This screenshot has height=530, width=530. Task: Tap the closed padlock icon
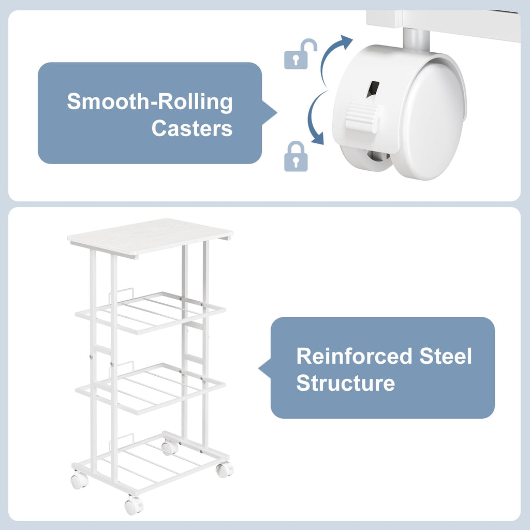tap(296, 156)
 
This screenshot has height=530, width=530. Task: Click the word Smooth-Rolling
tap(150, 102)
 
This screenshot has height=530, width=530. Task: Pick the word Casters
tap(192, 128)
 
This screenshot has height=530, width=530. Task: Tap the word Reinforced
tap(354, 356)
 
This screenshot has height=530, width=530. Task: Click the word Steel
tap(446, 356)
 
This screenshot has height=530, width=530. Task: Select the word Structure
tap(345, 383)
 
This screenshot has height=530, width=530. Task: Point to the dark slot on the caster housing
tap(373, 89)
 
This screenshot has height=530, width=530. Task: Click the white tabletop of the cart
tap(150, 238)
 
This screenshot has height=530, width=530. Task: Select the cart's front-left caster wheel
tap(79, 480)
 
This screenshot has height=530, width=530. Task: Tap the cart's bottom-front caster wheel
tap(134, 506)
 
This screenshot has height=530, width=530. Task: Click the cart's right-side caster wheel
tap(225, 469)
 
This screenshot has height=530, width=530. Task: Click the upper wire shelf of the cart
tap(150, 313)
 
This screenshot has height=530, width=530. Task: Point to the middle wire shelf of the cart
tap(150, 388)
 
